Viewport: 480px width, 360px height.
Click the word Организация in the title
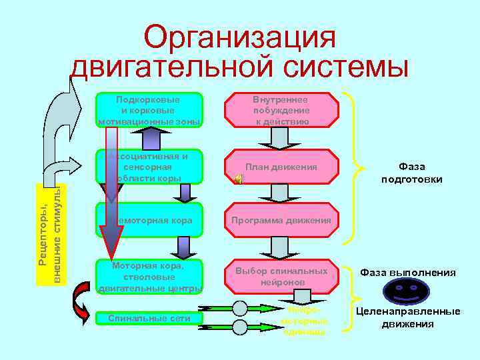tap(239, 37)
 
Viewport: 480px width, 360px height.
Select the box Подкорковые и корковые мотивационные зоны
tap(149, 110)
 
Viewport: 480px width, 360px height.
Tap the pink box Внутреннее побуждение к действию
tap(281, 110)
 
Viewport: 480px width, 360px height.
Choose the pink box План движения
tap(281, 167)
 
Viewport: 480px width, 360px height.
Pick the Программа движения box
tap(281, 221)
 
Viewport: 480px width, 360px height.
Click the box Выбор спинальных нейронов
tap(281, 276)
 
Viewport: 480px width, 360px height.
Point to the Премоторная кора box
tap(149, 220)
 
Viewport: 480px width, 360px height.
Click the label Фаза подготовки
tap(411, 173)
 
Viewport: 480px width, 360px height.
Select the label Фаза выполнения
tap(408, 272)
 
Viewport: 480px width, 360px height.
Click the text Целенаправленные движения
tap(407, 318)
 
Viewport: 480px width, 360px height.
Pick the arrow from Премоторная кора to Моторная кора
tap(181, 247)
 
